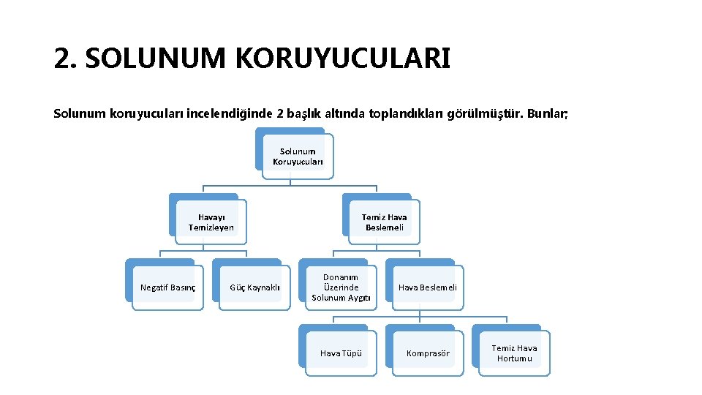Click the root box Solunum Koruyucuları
coord(298,157)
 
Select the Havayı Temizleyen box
coord(211,222)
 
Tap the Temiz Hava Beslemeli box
coord(384,222)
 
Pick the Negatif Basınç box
coord(167,287)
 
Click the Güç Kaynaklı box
coord(254,287)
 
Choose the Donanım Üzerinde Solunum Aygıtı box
coord(341,287)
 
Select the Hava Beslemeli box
coord(427,287)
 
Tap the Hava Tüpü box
coord(341,353)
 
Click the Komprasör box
coord(428,353)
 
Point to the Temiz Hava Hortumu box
coord(514,353)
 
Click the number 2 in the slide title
coord(62,59)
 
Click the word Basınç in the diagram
coord(183,287)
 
